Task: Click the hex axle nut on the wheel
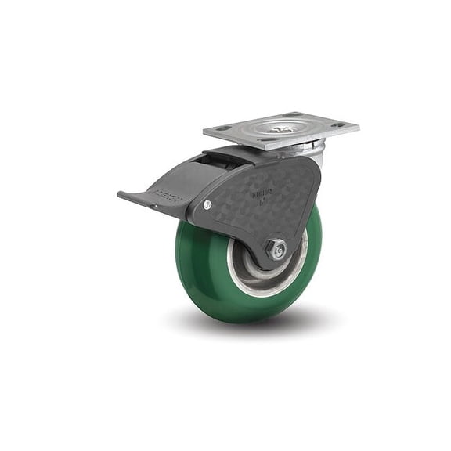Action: pyautogui.click(x=276, y=250)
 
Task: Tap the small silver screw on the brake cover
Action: pyautogui.click(x=207, y=205)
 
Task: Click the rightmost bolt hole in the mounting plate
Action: pyautogui.click(x=337, y=124)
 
